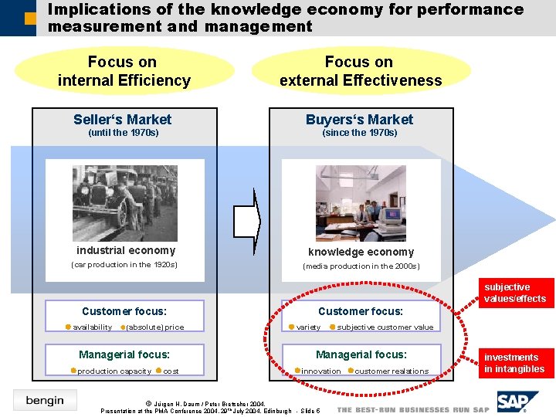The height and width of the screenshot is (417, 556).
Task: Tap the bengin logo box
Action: pyautogui.click(x=45, y=400)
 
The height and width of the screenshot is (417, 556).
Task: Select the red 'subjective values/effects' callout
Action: pyautogui.click(x=514, y=293)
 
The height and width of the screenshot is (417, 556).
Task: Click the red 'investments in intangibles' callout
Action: pyautogui.click(x=514, y=363)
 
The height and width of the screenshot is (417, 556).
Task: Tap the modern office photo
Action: pyautogui.click(x=361, y=203)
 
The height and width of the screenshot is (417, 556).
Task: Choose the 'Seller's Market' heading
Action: pyautogui.click(x=123, y=120)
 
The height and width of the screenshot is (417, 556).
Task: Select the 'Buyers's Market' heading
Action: pyautogui.click(x=359, y=120)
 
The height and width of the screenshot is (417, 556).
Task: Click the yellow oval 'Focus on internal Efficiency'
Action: pyautogui.click(x=124, y=71)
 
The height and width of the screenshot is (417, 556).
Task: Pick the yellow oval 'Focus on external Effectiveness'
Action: pyautogui.click(x=360, y=71)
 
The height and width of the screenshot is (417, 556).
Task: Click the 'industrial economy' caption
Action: pyautogui.click(x=126, y=250)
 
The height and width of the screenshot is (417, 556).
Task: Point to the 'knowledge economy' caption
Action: pyautogui.click(x=361, y=252)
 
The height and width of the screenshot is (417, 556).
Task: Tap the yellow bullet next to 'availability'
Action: pyautogui.click(x=67, y=327)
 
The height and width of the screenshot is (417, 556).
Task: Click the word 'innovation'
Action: pyautogui.click(x=320, y=371)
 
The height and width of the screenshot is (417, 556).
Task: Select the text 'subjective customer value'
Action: pyautogui.click(x=385, y=327)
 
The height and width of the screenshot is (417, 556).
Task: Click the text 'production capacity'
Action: pyautogui.click(x=114, y=371)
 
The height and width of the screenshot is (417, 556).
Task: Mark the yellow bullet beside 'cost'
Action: pyautogui.click(x=158, y=371)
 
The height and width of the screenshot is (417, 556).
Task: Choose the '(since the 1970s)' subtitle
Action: pyautogui.click(x=359, y=133)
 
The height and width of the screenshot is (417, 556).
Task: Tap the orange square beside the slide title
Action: pyautogui.click(x=30, y=17)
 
